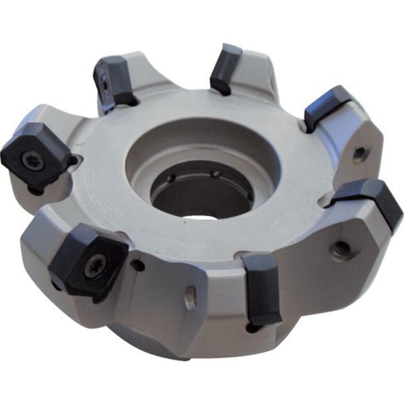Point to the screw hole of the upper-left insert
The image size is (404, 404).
(x=106, y=84)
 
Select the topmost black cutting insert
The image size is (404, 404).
(x=226, y=67)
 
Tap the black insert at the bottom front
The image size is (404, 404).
(x=263, y=286)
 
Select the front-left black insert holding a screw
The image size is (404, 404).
(x=88, y=259)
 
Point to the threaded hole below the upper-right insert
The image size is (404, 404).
(x=360, y=154)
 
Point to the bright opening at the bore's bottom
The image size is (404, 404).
(x=202, y=216)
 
